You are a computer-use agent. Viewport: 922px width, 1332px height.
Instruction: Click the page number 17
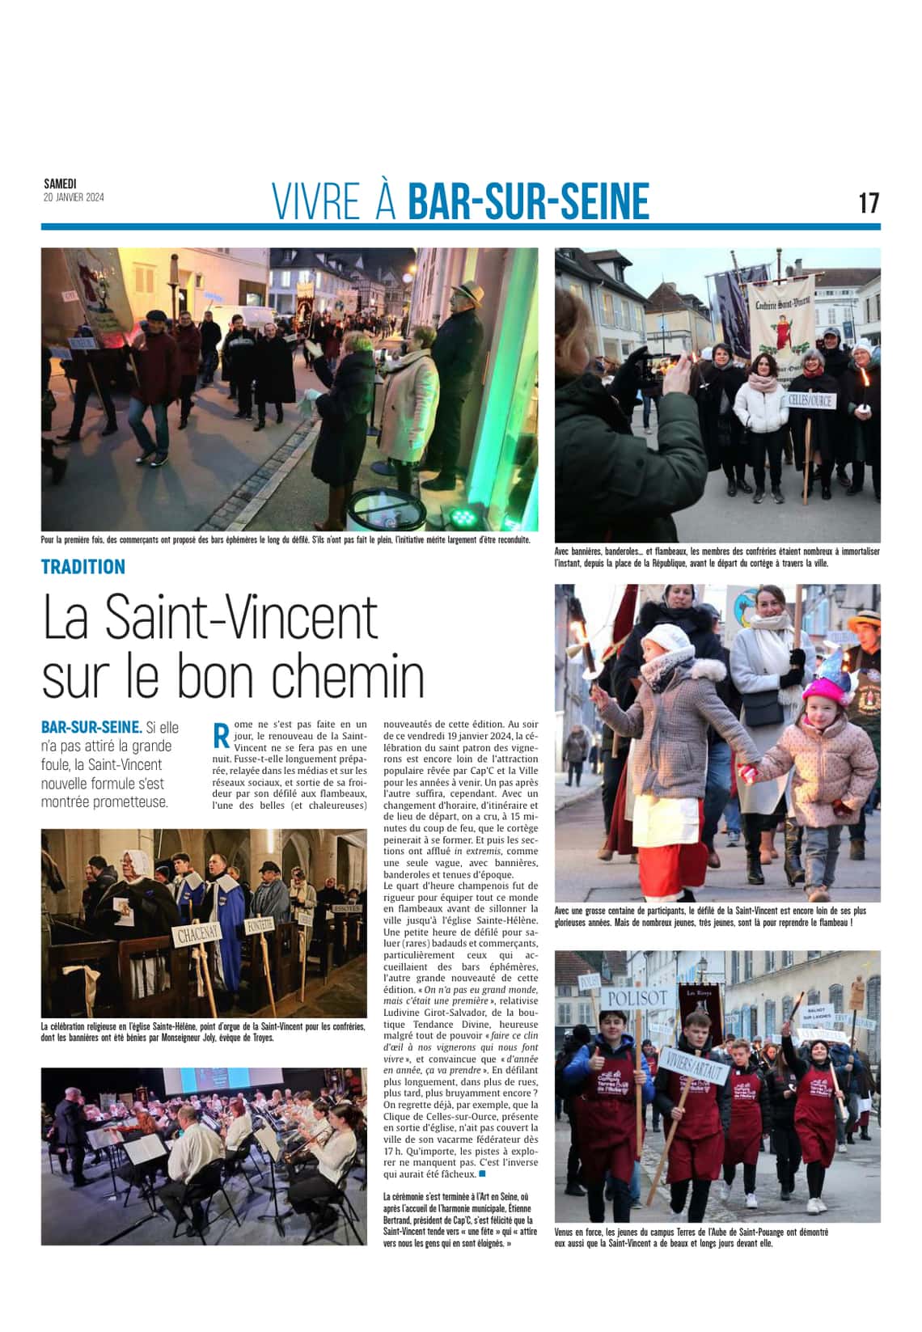pos(869,202)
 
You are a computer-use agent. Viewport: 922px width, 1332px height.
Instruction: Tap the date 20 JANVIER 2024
pos(74,197)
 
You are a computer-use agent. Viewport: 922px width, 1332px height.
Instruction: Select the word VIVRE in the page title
pos(316,202)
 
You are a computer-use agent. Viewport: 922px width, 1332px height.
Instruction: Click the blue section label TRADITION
pos(83,567)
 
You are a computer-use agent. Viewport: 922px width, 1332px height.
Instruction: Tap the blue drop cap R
pos(220,735)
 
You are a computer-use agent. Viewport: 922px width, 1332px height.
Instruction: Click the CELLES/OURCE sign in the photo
pos(810,400)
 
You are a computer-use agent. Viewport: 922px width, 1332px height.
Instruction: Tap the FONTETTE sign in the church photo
pos(261,923)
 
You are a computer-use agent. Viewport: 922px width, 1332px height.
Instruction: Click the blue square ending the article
pos(483,1173)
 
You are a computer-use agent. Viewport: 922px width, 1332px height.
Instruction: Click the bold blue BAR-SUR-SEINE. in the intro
pos(91,727)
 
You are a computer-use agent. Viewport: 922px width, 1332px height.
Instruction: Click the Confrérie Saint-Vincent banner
pos(782,319)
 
